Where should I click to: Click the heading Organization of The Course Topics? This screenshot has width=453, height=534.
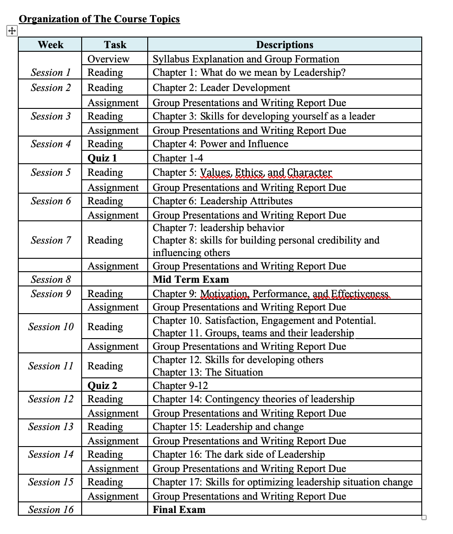(99, 19)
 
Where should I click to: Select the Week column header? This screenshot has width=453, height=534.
(50, 45)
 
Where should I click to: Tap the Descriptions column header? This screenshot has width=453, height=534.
(284, 45)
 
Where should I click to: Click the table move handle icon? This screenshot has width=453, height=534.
(12, 31)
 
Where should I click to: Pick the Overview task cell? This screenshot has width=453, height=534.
(108, 59)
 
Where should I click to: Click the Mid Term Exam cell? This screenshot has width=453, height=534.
(191, 279)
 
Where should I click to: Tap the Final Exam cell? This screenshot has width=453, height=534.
(179, 509)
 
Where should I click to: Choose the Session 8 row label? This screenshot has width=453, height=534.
(50, 279)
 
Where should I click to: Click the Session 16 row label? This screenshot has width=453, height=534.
(50, 509)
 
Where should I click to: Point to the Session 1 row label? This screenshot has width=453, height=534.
(50, 72)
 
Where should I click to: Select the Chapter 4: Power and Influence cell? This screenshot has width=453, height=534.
(220, 144)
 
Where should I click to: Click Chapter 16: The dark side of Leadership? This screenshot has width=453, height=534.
(239, 454)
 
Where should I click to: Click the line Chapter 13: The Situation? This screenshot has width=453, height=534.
(208, 372)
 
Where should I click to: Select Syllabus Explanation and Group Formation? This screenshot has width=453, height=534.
(246, 59)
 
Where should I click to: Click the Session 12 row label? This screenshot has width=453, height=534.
(50, 399)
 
